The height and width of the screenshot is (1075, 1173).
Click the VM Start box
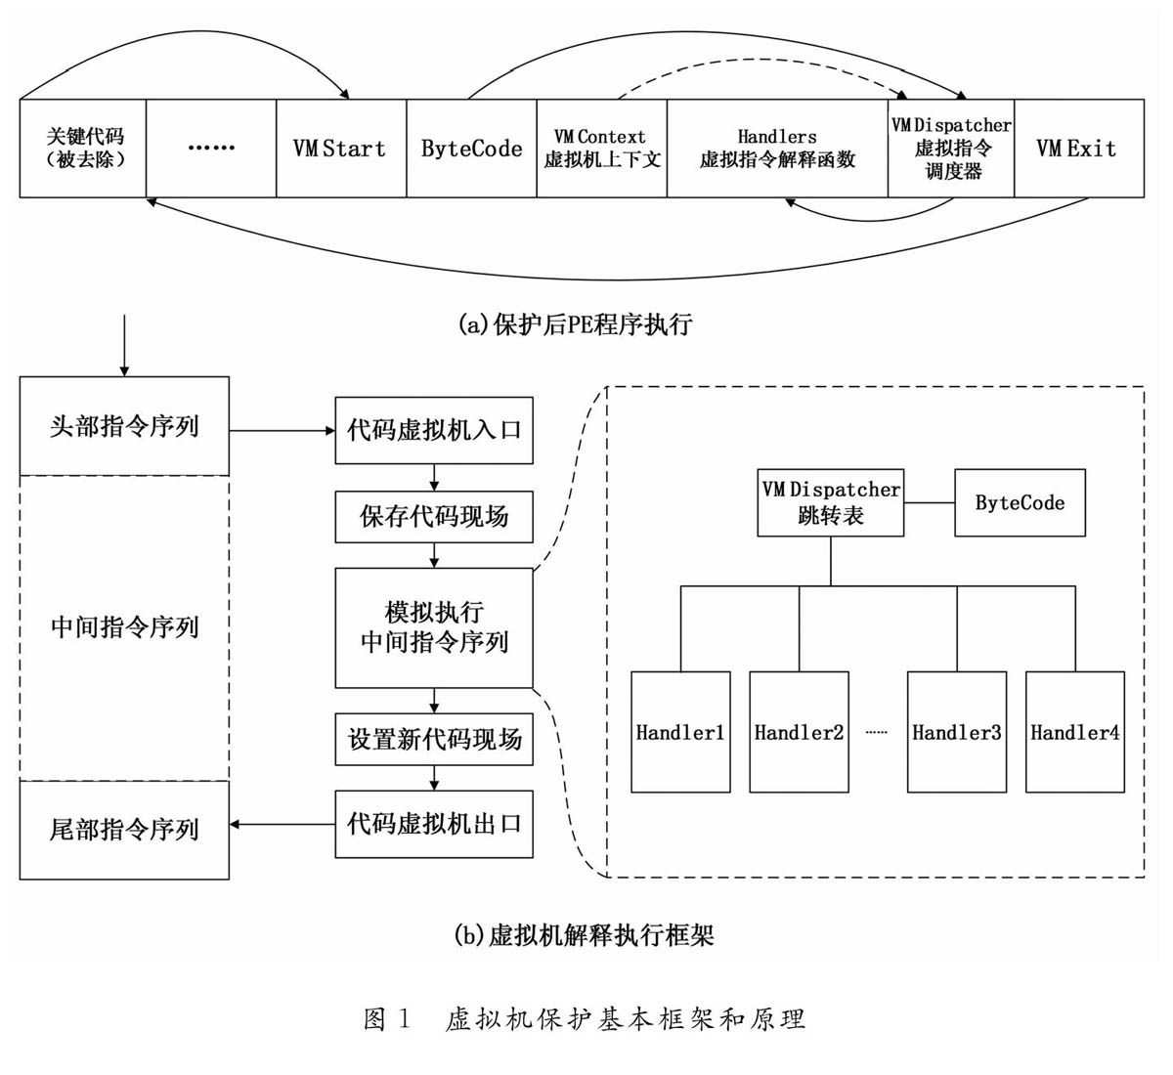click(x=341, y=149)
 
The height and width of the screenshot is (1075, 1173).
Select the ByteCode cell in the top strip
click(x=471, y=149)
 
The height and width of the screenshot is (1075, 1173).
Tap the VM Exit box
click(x=1078, y=149)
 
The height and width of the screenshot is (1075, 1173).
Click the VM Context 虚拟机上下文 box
click(x=601, y=149)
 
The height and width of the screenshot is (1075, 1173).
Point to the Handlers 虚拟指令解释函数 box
click(x=777, y=149)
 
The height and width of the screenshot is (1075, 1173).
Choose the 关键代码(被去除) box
click(x=83, y=149)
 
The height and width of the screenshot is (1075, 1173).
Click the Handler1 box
click(x=680, y=731)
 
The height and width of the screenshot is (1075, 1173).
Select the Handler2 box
click(x=799, y=731)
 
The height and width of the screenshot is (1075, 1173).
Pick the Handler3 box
click(x=956, y=731)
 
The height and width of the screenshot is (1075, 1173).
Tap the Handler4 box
click(x=1074, y=731)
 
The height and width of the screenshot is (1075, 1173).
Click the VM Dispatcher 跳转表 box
click(x=831, y=502)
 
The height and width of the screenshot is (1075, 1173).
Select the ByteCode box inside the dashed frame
click(x=1020, y=502)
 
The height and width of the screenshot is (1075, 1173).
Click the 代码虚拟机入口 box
click(x=434, y=430)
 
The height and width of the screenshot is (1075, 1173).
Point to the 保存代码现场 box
click(x=434, y=516)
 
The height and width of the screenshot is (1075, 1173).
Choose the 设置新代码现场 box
click(x=434, y=739)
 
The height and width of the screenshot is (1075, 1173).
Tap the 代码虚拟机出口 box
click(x=434, y=824)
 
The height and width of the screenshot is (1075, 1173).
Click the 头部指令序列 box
click(x=124, y=426)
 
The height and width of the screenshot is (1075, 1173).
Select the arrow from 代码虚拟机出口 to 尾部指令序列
click(x=282, y=825)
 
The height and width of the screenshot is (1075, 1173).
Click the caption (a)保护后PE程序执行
click(x=575, y=324)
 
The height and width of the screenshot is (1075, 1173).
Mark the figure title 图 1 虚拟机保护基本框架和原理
click(x=585, y=1019)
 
